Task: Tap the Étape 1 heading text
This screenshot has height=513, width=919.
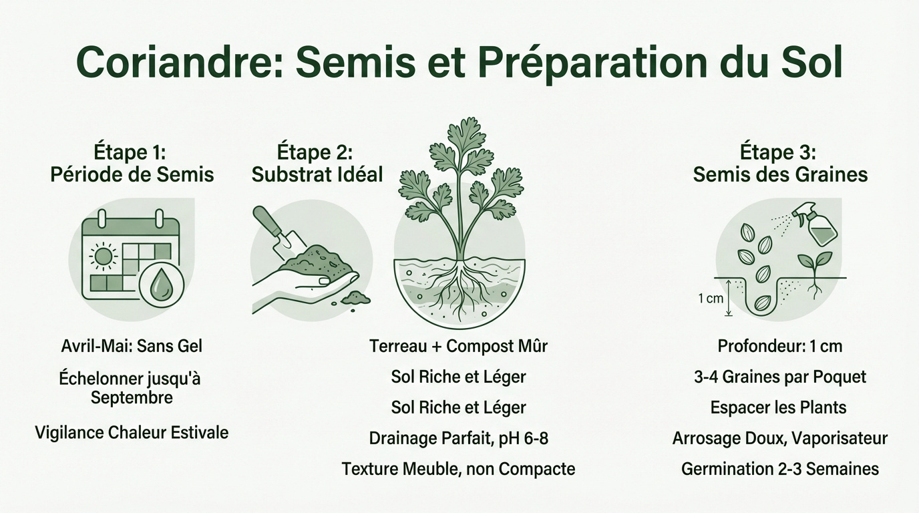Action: (132, 152)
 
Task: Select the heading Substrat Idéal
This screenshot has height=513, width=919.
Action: (317, 175)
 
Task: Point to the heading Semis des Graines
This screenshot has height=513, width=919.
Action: (780, 175)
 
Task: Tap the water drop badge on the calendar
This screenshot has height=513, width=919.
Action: (160, 286)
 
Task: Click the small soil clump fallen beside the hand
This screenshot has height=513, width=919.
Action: (356, 298)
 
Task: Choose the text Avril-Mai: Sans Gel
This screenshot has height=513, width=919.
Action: (132, 346)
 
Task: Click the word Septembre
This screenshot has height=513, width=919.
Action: (132, 397)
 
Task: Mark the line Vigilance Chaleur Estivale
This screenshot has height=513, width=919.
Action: (132, 432)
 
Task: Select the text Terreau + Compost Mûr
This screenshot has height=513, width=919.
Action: (458, 346)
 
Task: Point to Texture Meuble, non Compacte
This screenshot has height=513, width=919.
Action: (458, 469)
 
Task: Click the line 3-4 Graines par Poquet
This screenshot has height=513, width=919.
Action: (780, 377)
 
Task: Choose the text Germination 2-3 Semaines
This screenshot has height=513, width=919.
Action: (780, 469)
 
